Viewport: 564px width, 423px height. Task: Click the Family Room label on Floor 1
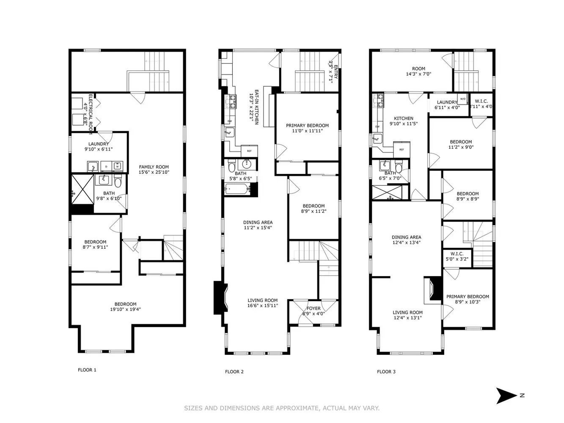154,167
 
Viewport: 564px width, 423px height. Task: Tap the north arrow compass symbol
506,396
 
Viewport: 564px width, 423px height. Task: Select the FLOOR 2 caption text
234,372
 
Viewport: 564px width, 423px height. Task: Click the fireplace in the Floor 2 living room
220,297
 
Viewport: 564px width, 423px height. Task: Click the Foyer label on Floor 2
314,308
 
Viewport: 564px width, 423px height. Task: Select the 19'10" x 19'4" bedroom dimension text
125,309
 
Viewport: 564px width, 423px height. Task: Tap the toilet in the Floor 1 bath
118,182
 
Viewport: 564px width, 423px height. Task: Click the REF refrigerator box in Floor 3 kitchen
402,149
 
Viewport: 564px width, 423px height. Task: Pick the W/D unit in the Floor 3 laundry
462,99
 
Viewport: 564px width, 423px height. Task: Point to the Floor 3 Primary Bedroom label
468,297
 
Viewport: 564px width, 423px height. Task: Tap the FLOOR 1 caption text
87,370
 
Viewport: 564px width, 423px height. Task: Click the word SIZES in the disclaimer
193,408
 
